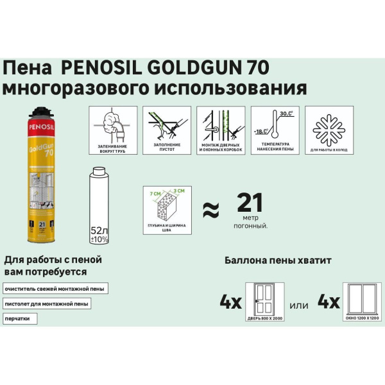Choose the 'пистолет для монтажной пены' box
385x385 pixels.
(x=46, y=303)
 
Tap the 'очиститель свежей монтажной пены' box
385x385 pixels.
(x=56, y=287)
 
